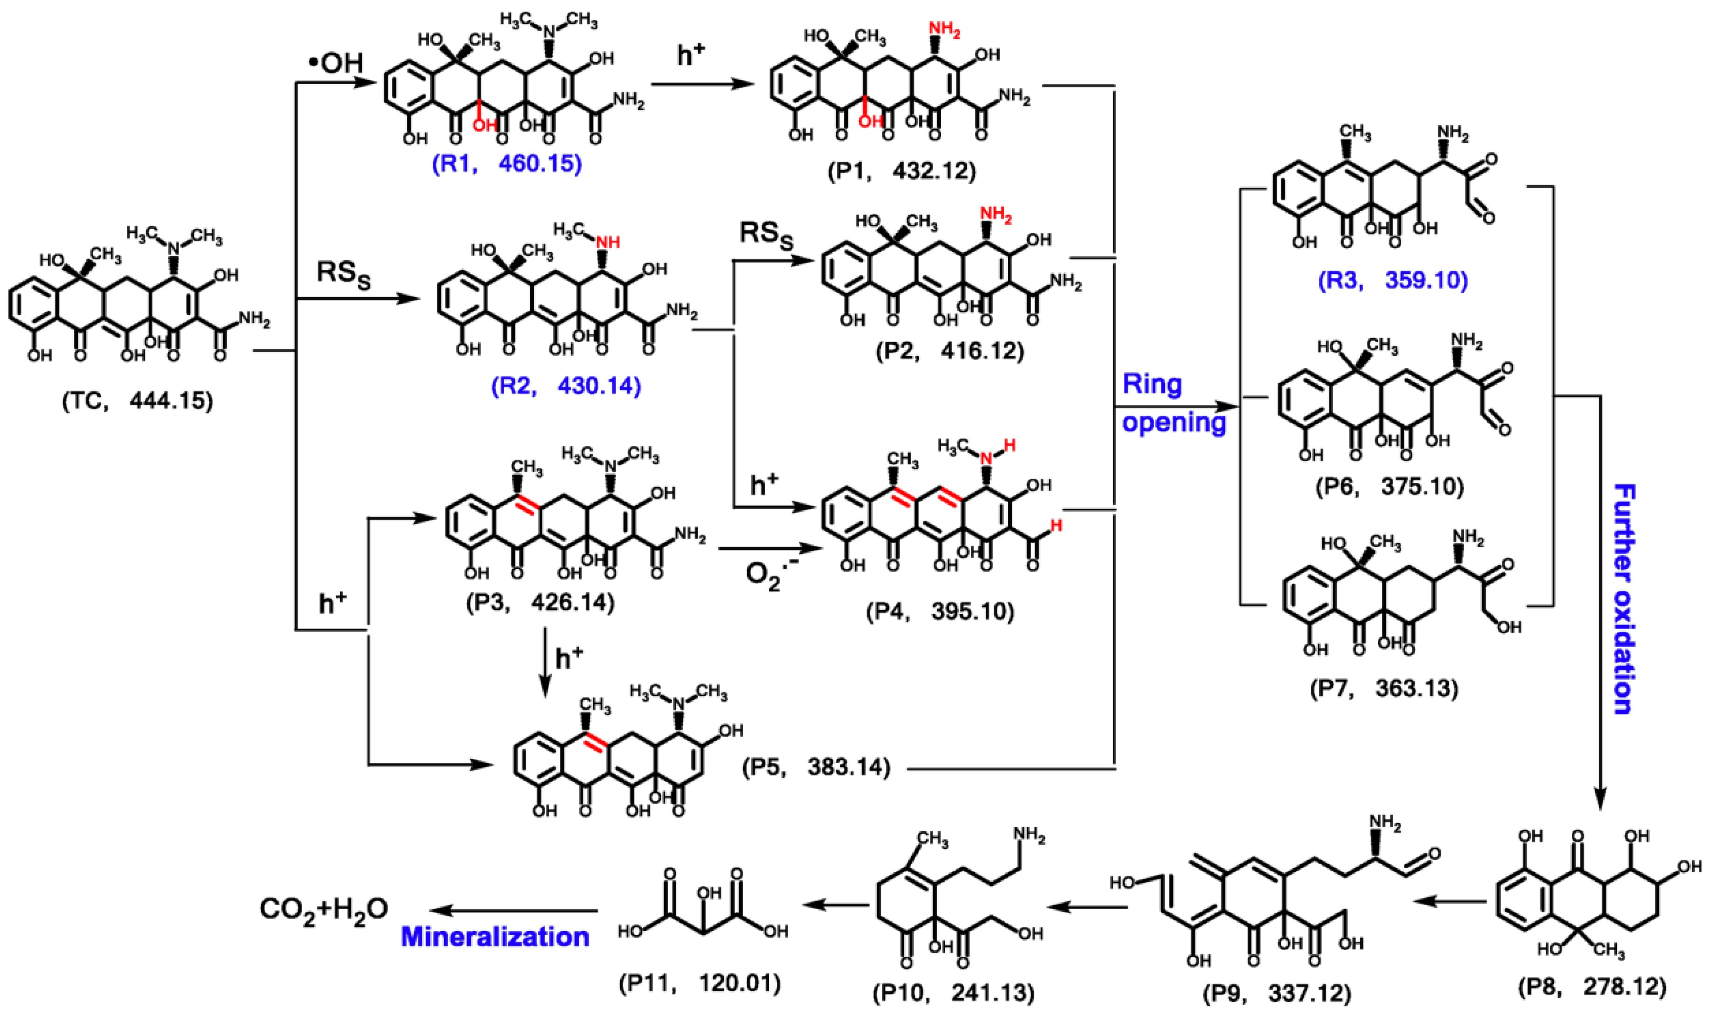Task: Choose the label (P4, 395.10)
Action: (940, 611)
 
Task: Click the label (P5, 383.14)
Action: (817, 767)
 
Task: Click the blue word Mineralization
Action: (495, 937)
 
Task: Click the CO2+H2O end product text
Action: (323, 909)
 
